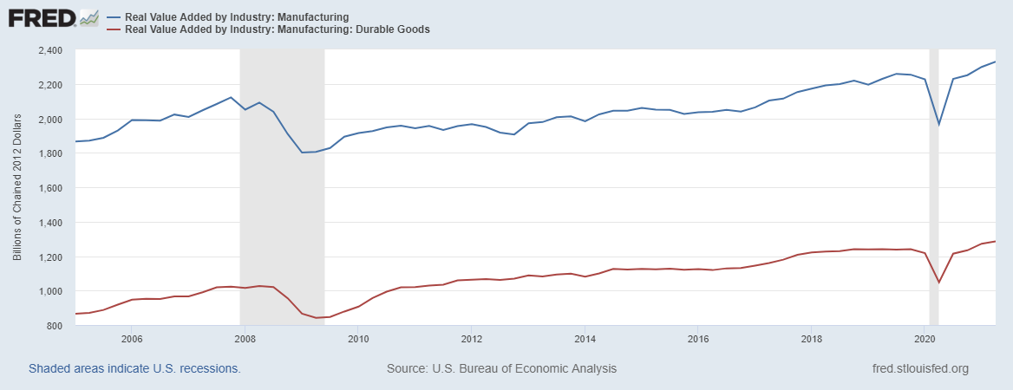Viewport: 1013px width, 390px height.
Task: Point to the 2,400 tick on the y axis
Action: [x=50, y=50]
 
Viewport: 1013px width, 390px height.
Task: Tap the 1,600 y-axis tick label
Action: [x=50, y=188]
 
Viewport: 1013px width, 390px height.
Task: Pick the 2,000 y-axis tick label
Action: [x=50, y=119]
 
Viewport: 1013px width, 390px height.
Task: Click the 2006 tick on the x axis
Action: [x=131, y=339]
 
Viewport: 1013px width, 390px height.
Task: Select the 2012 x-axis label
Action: [x=471, y=339]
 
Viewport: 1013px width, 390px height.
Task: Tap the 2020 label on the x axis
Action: [x=925, y=339]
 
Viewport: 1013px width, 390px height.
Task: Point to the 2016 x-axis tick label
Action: [x=698, y=339]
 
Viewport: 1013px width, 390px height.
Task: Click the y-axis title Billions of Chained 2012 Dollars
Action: [x=17, y=188]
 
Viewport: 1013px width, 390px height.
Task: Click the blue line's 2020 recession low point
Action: [x=938, y=125]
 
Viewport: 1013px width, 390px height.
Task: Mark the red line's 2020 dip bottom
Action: [x=938, y=283]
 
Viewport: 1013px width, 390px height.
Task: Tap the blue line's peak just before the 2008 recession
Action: [x=230, y=97]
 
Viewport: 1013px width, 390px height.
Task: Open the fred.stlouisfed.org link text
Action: [x=919, y=368]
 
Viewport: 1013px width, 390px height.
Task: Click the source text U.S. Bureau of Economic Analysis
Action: [x=501, y=368]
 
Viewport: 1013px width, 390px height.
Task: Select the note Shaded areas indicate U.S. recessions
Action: [x=134, y=368]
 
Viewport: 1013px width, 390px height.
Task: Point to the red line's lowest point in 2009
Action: [x=317, y=318]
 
